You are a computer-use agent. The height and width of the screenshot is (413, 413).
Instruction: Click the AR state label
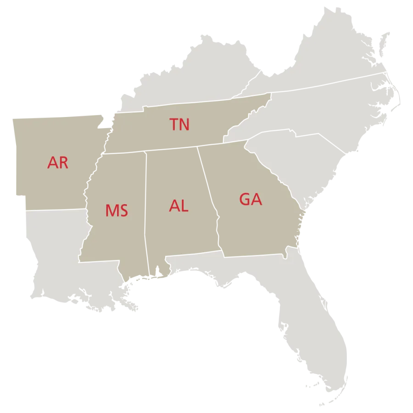[58, 163]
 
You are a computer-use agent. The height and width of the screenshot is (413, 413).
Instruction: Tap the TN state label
[179, 124]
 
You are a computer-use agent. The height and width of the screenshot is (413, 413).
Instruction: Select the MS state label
[117, 211]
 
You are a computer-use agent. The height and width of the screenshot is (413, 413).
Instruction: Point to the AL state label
[179, 206]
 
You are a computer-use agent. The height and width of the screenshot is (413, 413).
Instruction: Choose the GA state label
[251, 199]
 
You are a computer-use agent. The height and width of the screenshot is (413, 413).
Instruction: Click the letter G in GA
[245, 199]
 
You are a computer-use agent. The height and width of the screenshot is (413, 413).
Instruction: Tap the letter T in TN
[174, 124]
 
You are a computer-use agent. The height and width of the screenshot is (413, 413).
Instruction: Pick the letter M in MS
[112, 211]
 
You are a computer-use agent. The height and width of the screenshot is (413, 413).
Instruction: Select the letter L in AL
[184, 206]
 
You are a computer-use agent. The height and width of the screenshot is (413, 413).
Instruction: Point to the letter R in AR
[63, 163]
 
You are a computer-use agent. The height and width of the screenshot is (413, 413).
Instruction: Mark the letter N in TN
[184, 124]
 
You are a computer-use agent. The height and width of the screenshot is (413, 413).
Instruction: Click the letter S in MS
[123, 211]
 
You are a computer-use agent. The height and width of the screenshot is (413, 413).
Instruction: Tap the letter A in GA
[257, 199]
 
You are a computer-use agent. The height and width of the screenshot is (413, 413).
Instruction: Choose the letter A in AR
[52, 163]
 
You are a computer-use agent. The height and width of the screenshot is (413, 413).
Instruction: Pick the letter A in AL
[174, 206]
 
